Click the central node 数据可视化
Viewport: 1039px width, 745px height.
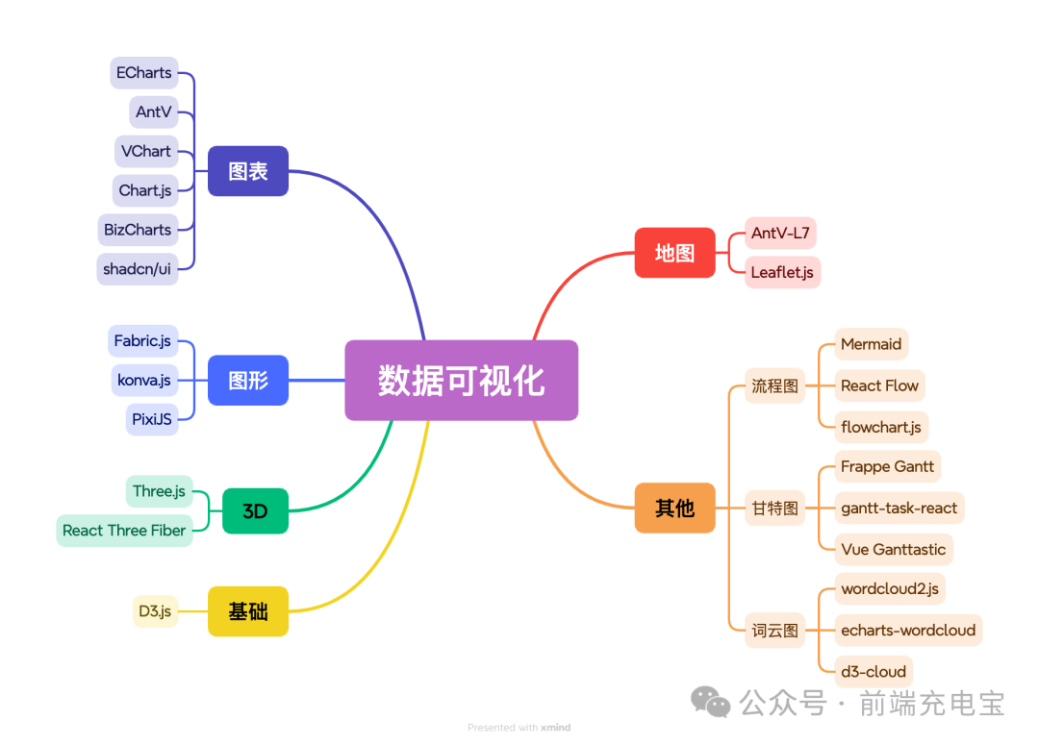point(461,381)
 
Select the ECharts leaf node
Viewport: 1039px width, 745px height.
point(143,73)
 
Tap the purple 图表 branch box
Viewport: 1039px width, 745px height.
point(248,171)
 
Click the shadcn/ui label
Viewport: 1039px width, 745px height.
point(137,269)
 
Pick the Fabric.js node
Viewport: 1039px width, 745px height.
point(142,341)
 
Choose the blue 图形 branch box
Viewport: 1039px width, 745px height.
point(248,381)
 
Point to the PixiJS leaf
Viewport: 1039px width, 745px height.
point(152,419)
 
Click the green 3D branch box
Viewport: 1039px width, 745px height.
point(255,511)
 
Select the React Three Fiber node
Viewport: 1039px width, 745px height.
point(124,531)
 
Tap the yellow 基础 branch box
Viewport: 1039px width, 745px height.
point(248,611)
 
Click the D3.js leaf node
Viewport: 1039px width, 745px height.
point(155,611)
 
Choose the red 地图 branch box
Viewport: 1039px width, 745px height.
point(674,253)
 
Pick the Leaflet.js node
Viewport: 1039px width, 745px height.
point(782,272)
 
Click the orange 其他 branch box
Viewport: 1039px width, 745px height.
point(674,508)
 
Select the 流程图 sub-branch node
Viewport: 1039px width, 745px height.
point(775,385)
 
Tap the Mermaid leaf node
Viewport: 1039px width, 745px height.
point(871,344)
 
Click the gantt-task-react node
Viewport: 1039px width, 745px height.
point(899,508)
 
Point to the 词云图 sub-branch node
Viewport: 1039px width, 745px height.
point(775,631)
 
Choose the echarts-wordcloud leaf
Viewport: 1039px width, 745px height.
point(908,631)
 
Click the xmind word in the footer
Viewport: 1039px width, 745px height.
point(555,728)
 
